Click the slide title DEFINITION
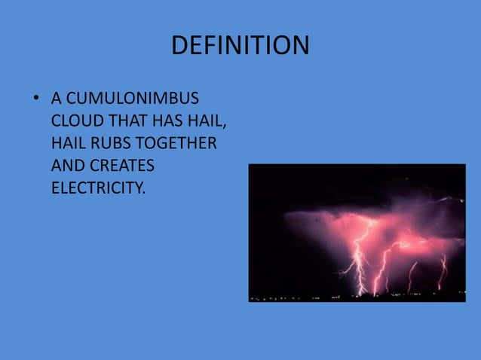[240, 46]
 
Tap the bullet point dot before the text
[35, 99]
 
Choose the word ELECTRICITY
[97, 187]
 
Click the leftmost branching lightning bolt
[357, 256]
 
